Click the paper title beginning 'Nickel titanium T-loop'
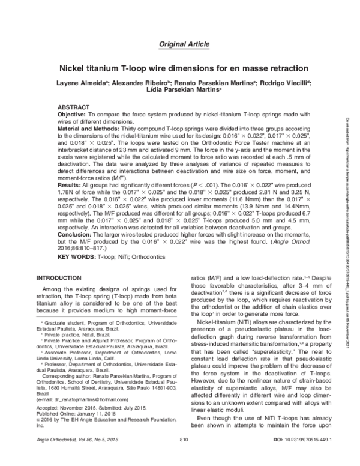tap(184, 69)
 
